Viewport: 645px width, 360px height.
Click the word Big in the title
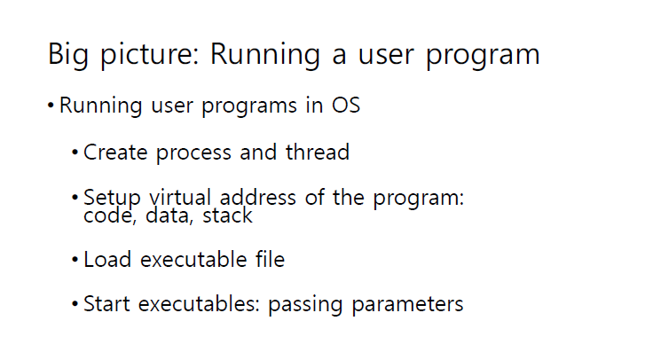68,55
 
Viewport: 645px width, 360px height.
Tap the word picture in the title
147,55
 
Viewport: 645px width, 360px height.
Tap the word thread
317,153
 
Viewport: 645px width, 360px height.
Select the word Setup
111,198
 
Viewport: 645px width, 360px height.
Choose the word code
106,215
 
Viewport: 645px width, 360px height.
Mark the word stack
229,215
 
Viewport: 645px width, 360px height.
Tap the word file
267,261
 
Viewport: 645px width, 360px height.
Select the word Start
106,305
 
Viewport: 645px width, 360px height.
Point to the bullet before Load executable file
75,261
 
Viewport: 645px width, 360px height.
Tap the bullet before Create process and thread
75,153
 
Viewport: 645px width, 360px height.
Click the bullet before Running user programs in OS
51,106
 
